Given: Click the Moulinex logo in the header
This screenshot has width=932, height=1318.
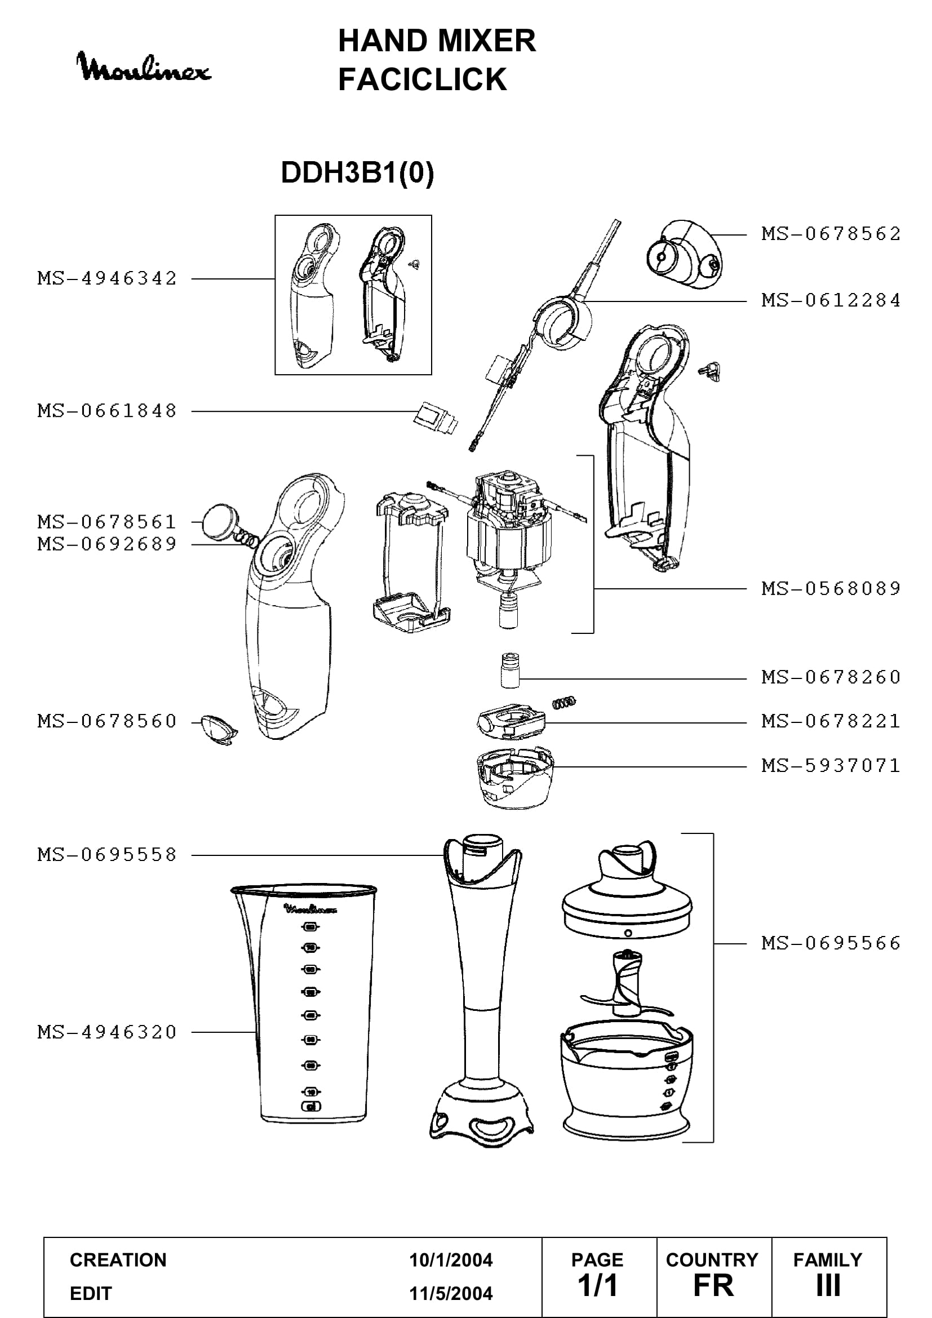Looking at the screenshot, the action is tap(144, 66).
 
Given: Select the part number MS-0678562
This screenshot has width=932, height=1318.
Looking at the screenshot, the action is tap(831, 234).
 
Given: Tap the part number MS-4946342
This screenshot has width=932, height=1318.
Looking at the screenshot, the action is tap(107, 278).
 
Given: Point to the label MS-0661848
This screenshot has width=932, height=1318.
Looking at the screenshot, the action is tap(107, 411).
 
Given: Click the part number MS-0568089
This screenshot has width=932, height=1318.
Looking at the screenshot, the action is tap(831, 588).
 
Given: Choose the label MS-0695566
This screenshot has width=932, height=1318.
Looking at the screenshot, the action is tap(831, 943).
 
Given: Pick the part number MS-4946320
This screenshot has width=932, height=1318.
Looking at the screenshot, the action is tap(107, 1032).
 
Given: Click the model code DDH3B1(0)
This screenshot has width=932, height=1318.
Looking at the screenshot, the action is tap(357, 172).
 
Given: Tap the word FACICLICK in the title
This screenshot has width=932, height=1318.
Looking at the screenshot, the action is tap(423, 79).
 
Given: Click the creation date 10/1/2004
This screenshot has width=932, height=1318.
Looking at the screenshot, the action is tap(451, 1260).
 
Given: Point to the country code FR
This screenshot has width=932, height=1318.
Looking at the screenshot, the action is tap(713, 1285).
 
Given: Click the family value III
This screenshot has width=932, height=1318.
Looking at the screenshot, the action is tap(828, 1285).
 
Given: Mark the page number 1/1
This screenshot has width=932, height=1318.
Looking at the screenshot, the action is tap(597, 1285).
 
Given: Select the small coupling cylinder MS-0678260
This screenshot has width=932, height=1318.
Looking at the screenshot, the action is tap(509, 669).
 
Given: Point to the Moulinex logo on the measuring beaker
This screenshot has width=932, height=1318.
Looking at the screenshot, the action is tap(310, 909).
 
